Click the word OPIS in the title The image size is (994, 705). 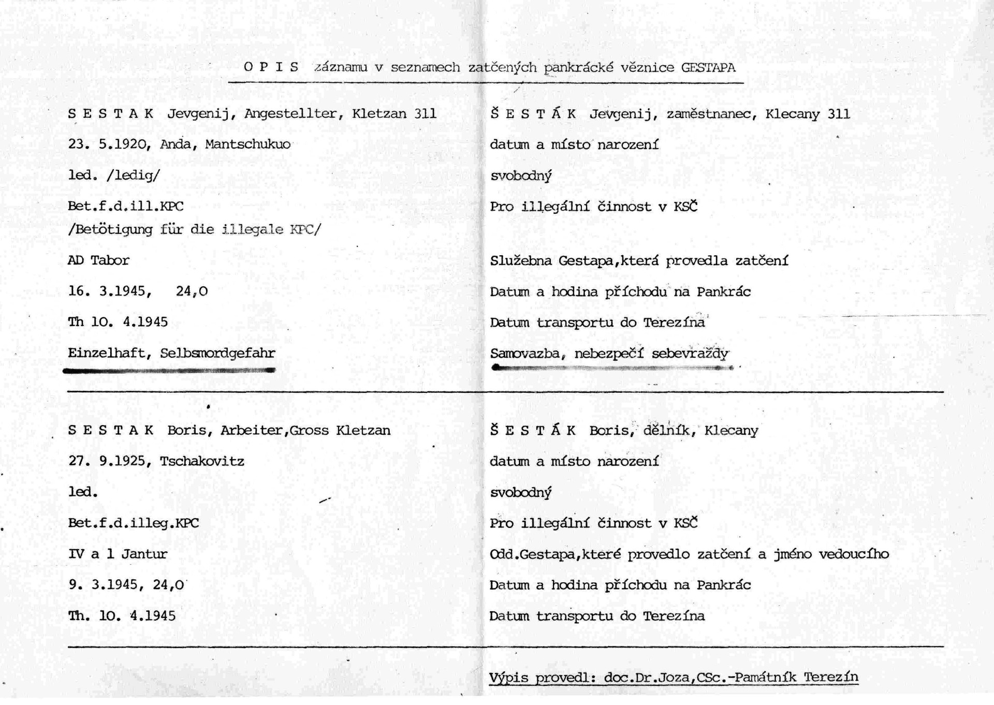(x=271, y=67)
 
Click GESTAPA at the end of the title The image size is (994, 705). (x=708, y=68)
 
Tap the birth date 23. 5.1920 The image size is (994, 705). (x=109, y=144)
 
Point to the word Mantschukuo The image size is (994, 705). (x=247, y=144)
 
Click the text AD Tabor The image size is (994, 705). (x=98, y=260)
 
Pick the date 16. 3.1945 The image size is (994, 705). (x=109, y=291)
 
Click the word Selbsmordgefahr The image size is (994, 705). (x=217, y=353)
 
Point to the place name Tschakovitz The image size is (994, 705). (x=202, y=461)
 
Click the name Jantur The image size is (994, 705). (x=144, y=554)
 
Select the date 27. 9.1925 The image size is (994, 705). (x=109, y=461)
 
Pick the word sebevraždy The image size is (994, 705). (x=690, y=354)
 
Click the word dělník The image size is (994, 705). (x=668, y=430)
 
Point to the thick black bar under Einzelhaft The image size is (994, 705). (x=169, y=370)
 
